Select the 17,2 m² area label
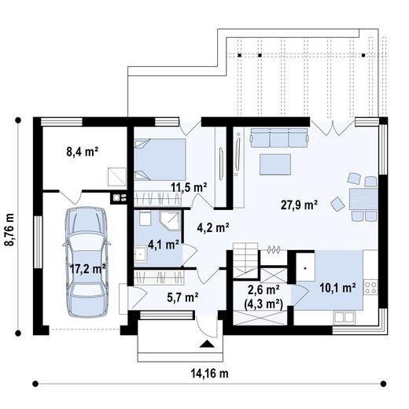(87, 268)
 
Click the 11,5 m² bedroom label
(189, 187)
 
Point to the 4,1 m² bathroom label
(163, 244)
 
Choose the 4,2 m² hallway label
(212, 228)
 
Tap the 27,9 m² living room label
(299, 205)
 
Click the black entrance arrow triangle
(206, 344)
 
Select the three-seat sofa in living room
(279, 139)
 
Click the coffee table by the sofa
(275, 164)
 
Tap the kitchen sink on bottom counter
(343, 316)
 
